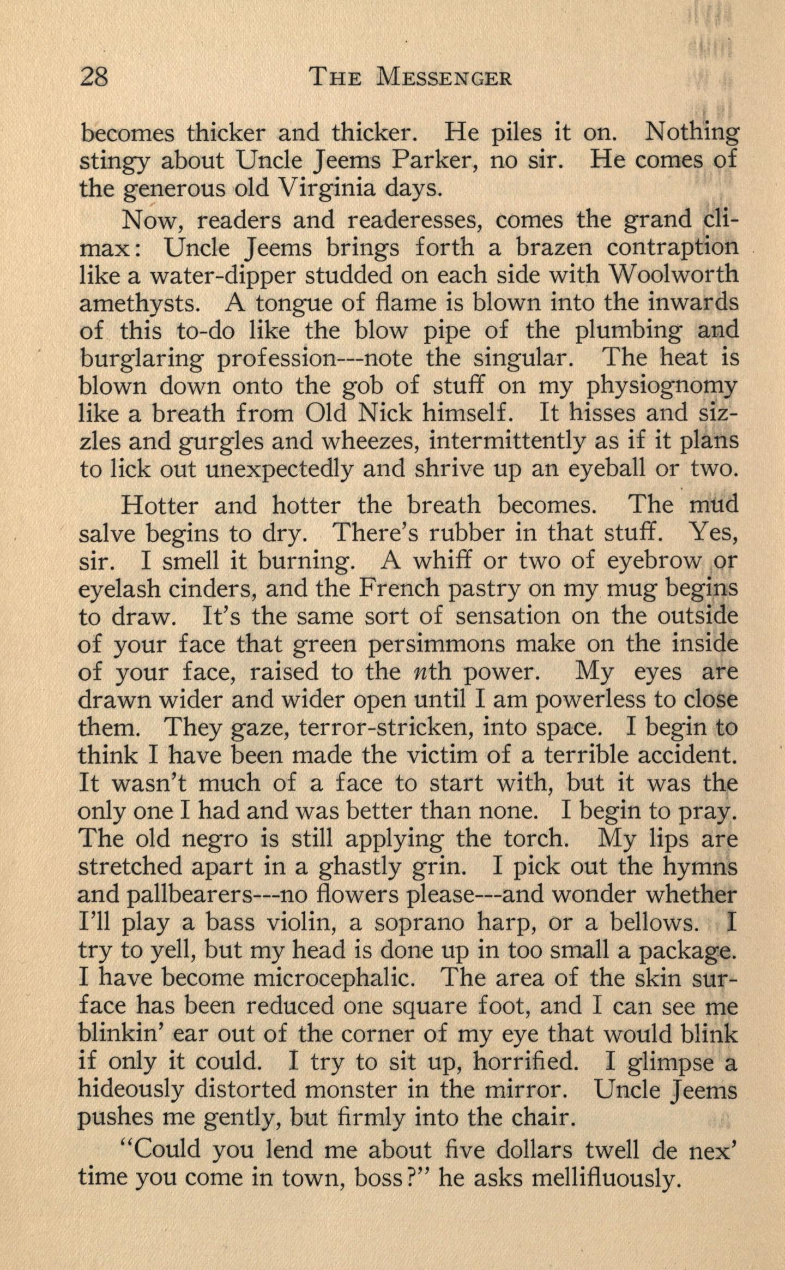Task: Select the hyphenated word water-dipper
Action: (x=218, y=275)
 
